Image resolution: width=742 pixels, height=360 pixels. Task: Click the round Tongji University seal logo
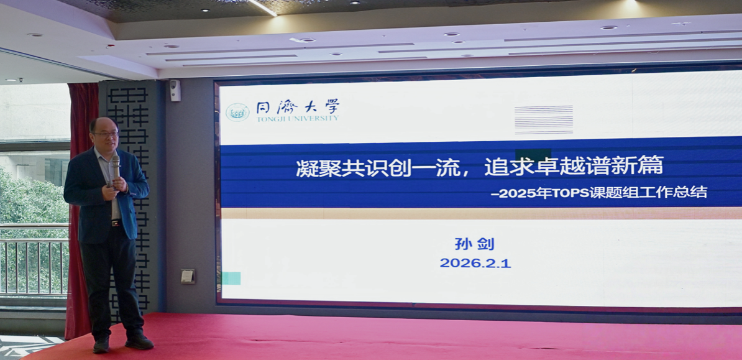point(237,113)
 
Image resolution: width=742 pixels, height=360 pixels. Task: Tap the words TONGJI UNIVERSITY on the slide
point(298,118)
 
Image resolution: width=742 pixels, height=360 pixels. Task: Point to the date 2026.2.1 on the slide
point(475,263)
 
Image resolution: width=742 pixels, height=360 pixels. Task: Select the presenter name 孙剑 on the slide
point(474,244)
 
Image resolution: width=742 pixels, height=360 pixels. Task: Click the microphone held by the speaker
point(116,167)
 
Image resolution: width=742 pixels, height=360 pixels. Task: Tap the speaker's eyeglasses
point(106,134)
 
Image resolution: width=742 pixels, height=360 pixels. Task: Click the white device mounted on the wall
point(175,90)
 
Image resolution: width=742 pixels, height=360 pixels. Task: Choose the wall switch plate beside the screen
point(188,275)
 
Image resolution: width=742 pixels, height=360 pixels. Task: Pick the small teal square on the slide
point(231,278)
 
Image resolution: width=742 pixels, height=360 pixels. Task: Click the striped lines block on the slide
point(544,119)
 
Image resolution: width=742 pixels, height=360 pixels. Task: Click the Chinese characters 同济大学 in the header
point(298,106)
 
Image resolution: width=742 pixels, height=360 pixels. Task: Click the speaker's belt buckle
point(115,223)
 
